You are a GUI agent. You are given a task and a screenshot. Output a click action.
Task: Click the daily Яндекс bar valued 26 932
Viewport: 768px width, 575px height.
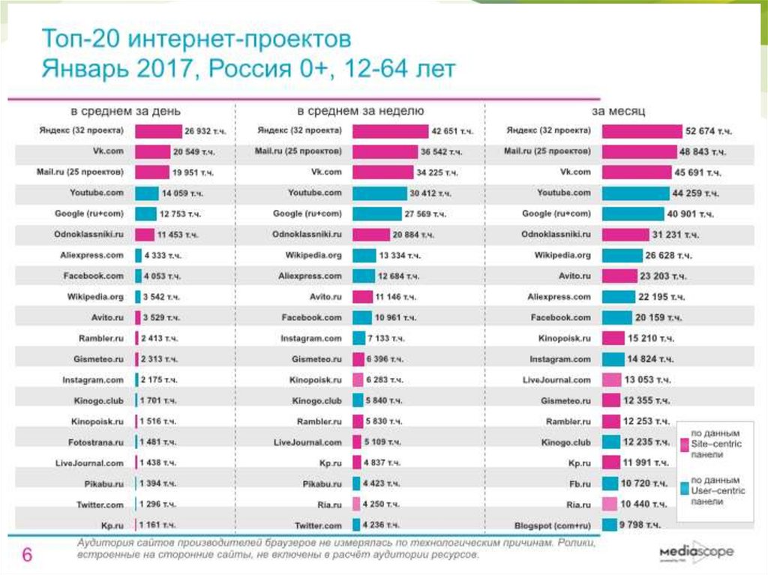click(x=159, y=131)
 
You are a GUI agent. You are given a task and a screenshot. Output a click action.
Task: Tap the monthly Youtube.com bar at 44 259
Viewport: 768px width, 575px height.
click(x=635, y=193)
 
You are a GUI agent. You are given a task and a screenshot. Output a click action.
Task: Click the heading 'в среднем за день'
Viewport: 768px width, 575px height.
click(x=125, y=110)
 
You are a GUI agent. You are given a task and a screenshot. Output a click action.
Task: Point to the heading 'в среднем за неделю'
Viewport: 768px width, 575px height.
click(x=360, y=110)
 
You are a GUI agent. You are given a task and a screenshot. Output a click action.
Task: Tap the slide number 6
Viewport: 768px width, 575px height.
click(x=27, y=556)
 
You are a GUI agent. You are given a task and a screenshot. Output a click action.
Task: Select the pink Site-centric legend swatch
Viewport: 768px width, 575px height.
click(x=684, y=445)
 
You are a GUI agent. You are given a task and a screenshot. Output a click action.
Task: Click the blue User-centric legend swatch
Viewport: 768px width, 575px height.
click(x=684, y=490)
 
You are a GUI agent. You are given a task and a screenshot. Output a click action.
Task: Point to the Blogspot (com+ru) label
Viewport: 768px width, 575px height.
click(x=552, y=526)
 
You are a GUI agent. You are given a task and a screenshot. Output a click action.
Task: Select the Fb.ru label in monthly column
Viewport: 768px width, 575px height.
click(x=578, y=484)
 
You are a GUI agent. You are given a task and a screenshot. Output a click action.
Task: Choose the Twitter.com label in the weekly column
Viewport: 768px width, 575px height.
click(x=318, y=526)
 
